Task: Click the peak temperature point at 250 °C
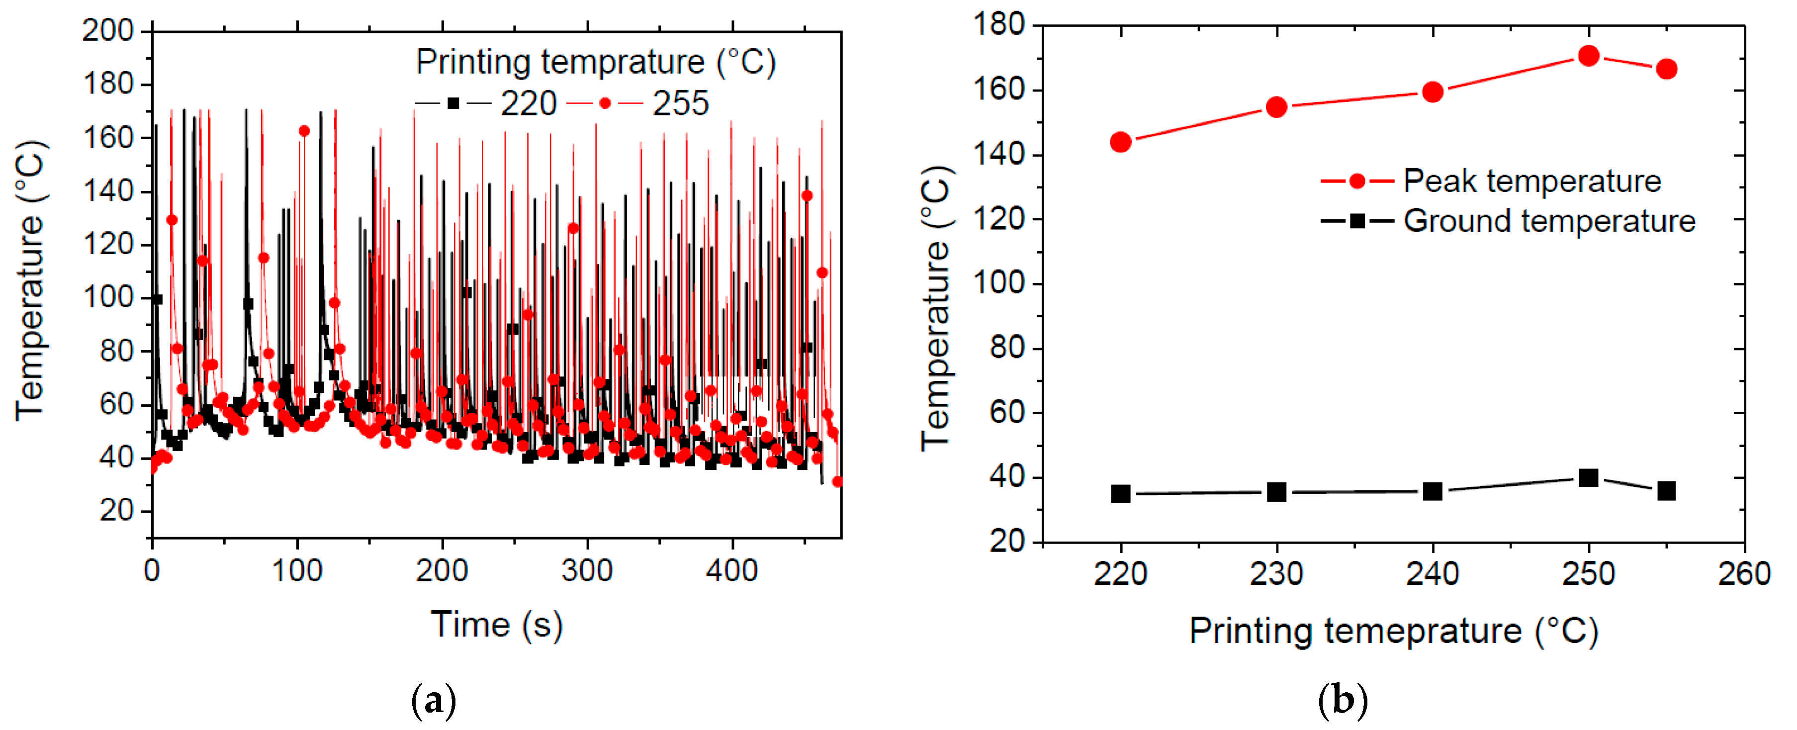point(1589,56)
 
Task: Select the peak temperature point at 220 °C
point(1120,142)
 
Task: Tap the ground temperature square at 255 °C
point(1667,491)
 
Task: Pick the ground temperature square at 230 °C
point(1276,492)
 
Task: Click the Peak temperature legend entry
point(1531,182)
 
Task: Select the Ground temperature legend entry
point(1549,221)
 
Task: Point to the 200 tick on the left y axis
point(107,31)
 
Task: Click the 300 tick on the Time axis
point(587,571)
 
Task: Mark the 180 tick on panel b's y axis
point(998,25)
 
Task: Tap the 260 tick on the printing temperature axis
point(1744,574)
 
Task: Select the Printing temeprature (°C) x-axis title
point(1393,631)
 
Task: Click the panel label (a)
point(434,700)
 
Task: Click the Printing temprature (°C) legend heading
point(595,63)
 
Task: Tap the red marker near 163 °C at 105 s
point(304,131)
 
